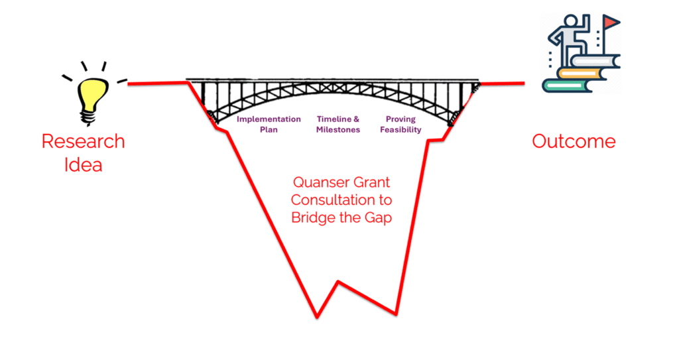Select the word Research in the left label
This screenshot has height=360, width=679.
coord(83,141)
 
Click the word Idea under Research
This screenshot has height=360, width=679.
coord(83,164)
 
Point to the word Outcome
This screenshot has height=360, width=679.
coord(574,141)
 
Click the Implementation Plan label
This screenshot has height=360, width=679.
coord(269,125)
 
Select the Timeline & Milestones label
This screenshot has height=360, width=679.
coord(338,125)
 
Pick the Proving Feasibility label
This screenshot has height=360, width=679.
coord(401,125)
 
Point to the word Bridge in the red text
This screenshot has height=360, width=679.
coord(314,217)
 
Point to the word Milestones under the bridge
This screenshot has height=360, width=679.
coord(338,130)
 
